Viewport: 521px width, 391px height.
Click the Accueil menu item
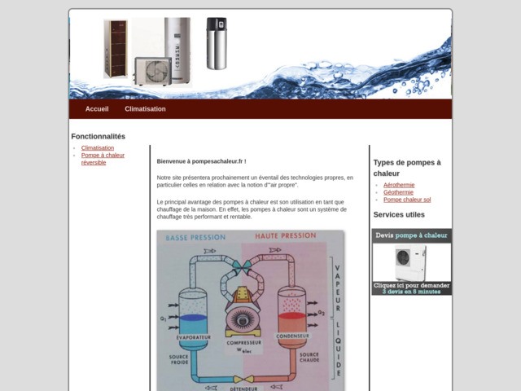tap(97, 108)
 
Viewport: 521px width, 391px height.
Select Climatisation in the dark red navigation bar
tap(145, 108)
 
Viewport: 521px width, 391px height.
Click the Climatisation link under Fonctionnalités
tap(98, 147)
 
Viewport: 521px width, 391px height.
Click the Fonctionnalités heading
tap(99, 136)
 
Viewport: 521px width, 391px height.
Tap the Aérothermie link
tap(399, 185)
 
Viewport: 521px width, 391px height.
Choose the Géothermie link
tap(398, 192)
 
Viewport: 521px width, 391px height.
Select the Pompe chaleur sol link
tap(407, 200)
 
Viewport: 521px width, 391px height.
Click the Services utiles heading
tap(399, 215)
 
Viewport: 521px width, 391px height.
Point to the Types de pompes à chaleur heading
tap(407, 168)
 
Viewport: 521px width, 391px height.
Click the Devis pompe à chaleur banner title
tap(411, 235)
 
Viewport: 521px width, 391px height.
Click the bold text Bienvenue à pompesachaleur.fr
tap(201, 161)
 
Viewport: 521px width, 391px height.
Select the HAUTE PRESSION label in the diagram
tap(285, 236)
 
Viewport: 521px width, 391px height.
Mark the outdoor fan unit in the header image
tap(151, 70)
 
